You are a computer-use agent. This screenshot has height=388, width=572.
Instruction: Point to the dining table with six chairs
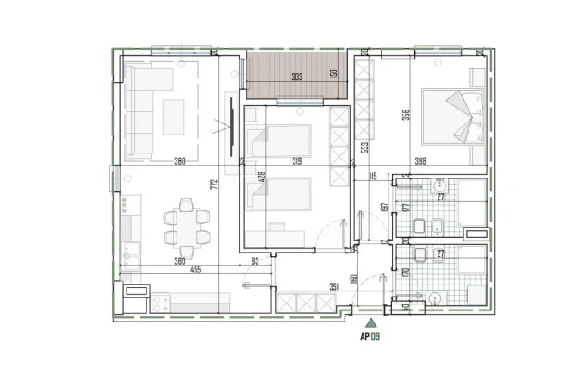click(186, 222)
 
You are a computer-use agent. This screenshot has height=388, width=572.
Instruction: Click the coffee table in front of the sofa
click(173, 116)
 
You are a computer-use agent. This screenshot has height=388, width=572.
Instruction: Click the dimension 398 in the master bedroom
click(420, 160)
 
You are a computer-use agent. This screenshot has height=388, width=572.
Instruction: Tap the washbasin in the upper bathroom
click(439, 185)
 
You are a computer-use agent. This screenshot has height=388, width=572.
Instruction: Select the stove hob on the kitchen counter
click(161, 303)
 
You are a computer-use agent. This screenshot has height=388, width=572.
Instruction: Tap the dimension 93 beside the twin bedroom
click(256, 261)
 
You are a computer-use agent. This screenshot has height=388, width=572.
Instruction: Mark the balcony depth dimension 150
click(333, 74)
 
